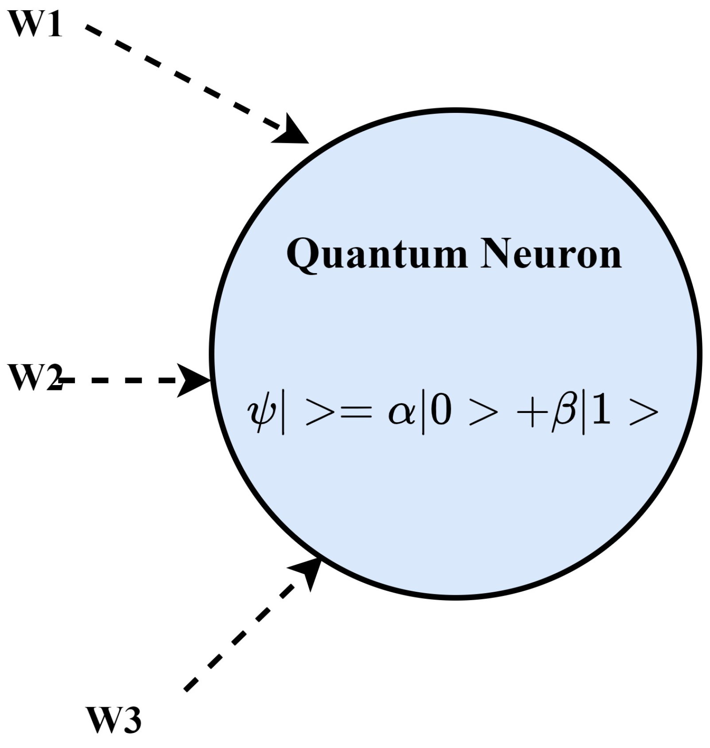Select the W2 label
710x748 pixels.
[x=35, y=378]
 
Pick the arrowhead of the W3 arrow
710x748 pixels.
[x=308, y=571]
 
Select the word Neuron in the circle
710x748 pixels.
[x=551, y=254]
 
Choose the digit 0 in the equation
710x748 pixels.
[x=441, y=411]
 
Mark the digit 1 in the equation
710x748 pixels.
[x=601, y=411]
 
